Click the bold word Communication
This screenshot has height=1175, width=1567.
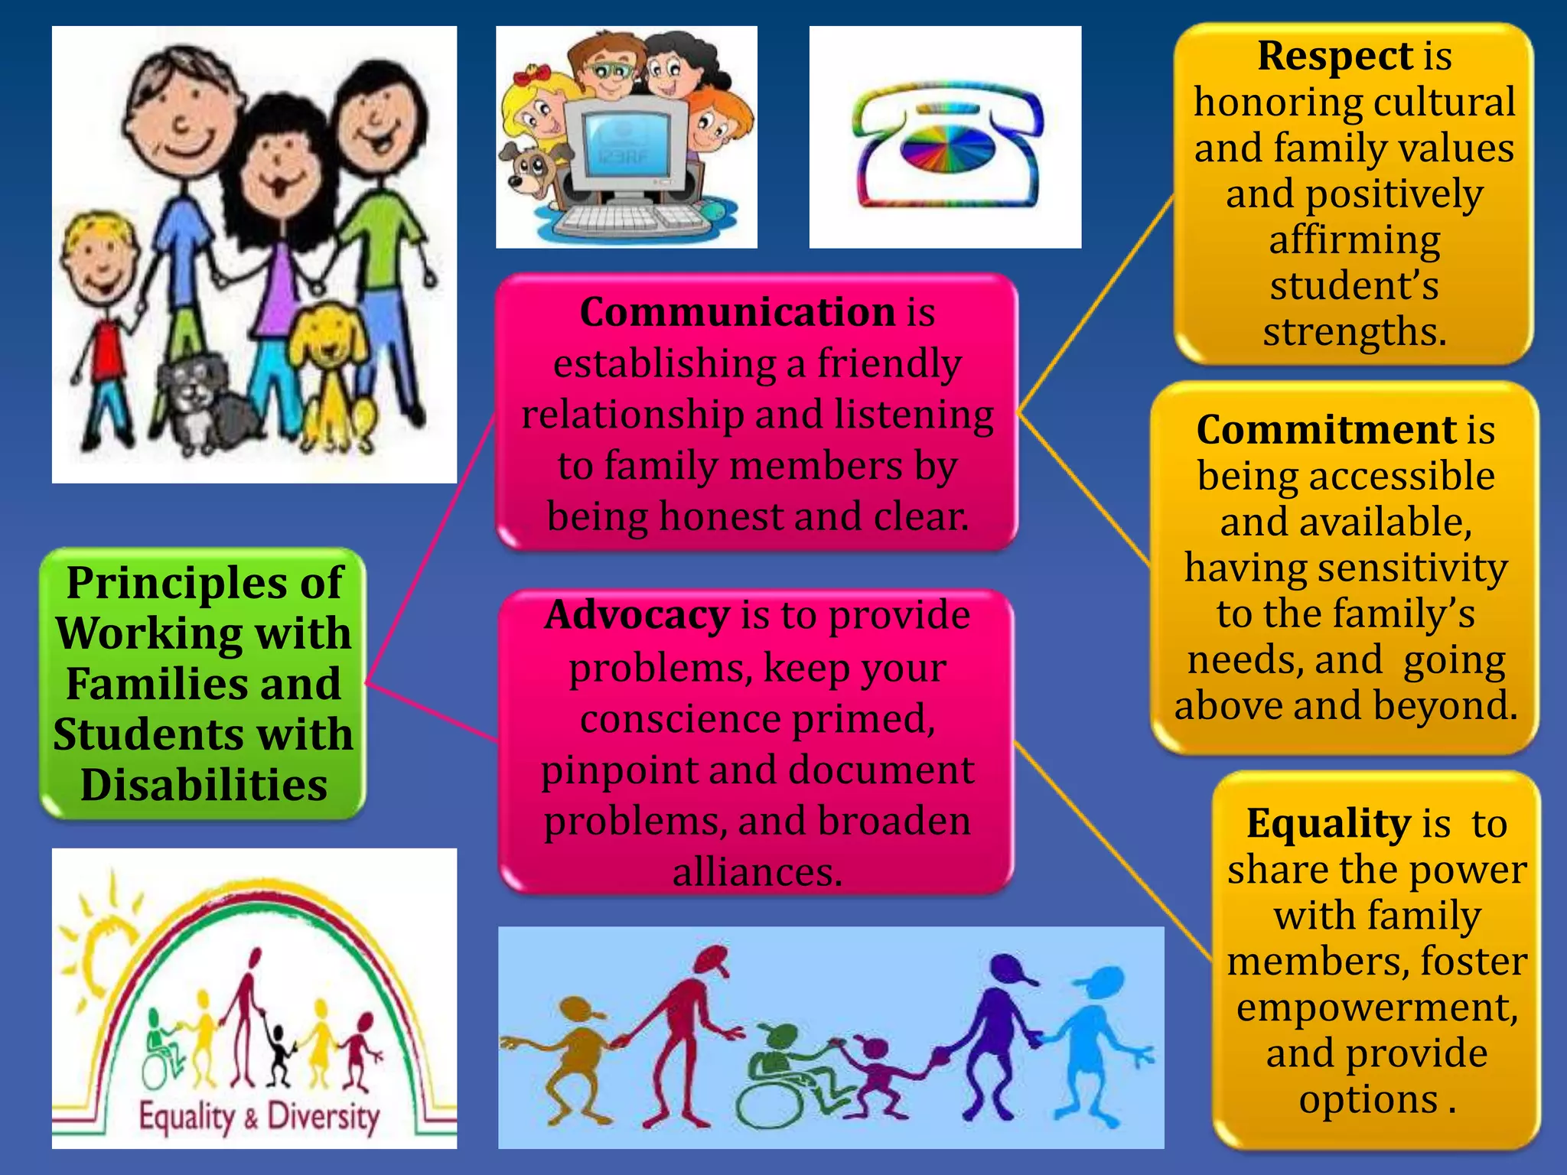point(737,312)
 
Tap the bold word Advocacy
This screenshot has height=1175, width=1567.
point(637,615)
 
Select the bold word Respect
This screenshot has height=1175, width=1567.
point(1334,56)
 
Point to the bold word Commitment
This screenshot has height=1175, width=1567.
point(1326,429)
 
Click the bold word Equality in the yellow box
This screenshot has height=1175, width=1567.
point(1328,823)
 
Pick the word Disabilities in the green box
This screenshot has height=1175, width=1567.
point(204,785)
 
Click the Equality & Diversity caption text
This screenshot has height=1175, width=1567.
point(258,1117)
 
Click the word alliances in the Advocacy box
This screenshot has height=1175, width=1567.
point(757,871)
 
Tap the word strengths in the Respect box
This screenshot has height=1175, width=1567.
point(1354,332)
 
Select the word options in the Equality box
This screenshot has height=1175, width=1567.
point(1369,1100)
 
